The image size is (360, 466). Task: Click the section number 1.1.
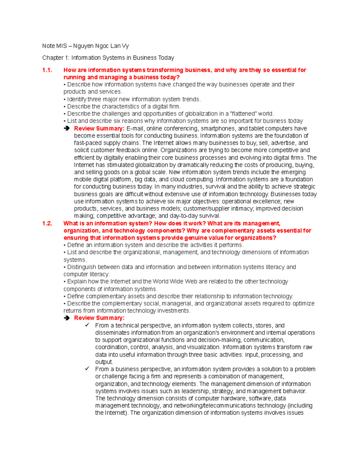pos(47,70)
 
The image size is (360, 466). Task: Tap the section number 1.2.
pos(47,224)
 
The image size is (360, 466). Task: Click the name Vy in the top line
pos(125,46)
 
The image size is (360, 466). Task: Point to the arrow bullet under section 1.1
pos(67,129)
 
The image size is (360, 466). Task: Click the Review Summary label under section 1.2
pos(99,318)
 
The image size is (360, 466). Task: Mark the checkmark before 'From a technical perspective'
pos(87,325)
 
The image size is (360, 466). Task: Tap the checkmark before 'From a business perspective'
pos(87,369)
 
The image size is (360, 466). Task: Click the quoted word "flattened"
pos(243,114)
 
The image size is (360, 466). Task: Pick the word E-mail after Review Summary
pos(135,129)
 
